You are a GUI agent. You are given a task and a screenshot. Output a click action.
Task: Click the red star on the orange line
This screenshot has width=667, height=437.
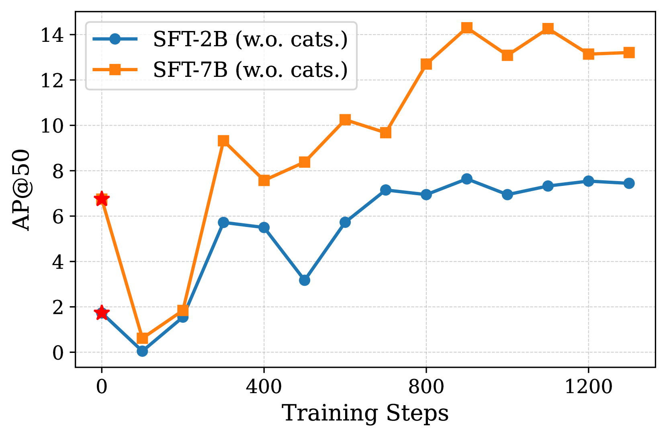102,198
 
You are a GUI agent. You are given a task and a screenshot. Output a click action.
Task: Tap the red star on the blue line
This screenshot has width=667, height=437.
102,313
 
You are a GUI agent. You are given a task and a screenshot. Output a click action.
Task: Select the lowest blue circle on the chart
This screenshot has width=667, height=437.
142,351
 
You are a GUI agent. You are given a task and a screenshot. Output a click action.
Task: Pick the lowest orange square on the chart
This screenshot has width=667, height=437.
142,338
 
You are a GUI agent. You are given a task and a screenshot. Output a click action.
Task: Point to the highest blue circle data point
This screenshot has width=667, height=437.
466,179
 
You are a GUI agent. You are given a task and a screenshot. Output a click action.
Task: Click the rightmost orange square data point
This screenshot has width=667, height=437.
629,52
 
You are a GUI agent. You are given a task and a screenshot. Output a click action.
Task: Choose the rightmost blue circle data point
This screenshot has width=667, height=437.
629,183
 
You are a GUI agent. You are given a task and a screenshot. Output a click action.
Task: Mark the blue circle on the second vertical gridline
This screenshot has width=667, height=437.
264,227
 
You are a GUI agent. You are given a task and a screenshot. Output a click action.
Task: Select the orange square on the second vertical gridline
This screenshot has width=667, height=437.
264,181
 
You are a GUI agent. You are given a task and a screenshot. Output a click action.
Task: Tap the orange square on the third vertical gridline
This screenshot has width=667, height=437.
426,64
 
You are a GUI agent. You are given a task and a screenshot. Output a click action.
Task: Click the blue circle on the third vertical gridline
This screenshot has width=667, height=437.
426,195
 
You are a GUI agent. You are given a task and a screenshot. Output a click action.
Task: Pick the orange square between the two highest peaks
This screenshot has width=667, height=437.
507,55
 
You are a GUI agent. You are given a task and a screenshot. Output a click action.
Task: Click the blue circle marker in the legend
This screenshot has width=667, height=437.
115,39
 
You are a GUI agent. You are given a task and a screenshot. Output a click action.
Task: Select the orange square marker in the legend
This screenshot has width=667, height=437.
115,70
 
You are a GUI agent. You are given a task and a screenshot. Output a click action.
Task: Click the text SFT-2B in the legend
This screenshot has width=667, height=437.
190,39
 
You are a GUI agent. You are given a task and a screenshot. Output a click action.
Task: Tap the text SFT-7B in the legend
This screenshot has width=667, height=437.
190,70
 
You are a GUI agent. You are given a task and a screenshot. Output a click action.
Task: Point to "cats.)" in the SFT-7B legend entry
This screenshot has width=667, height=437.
319,70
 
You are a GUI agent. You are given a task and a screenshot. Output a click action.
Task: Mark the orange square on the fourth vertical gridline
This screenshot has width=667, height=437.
588,54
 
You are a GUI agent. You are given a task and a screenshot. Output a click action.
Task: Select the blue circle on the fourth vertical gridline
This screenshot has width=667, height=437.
588,181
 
